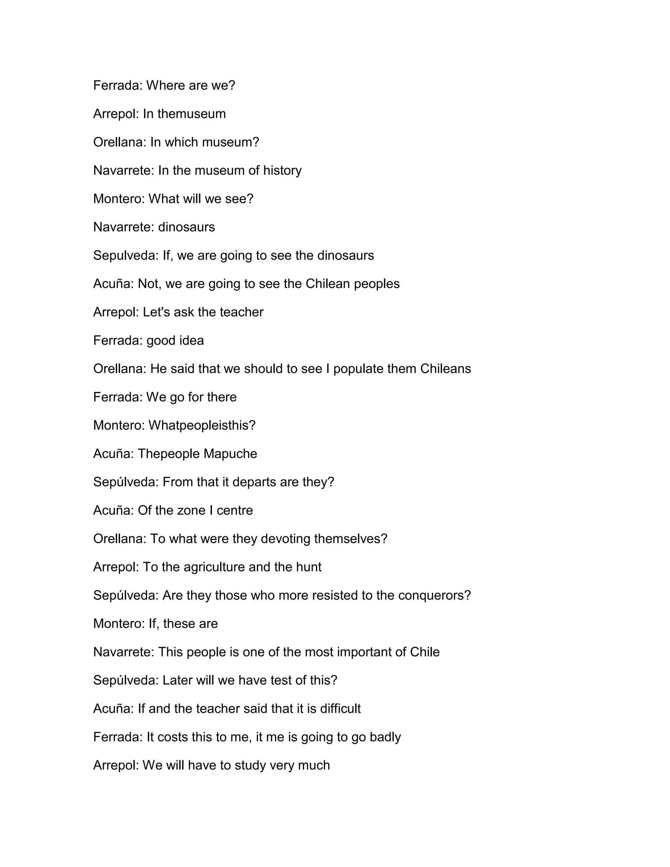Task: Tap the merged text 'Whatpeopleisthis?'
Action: [x=202, y=426]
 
